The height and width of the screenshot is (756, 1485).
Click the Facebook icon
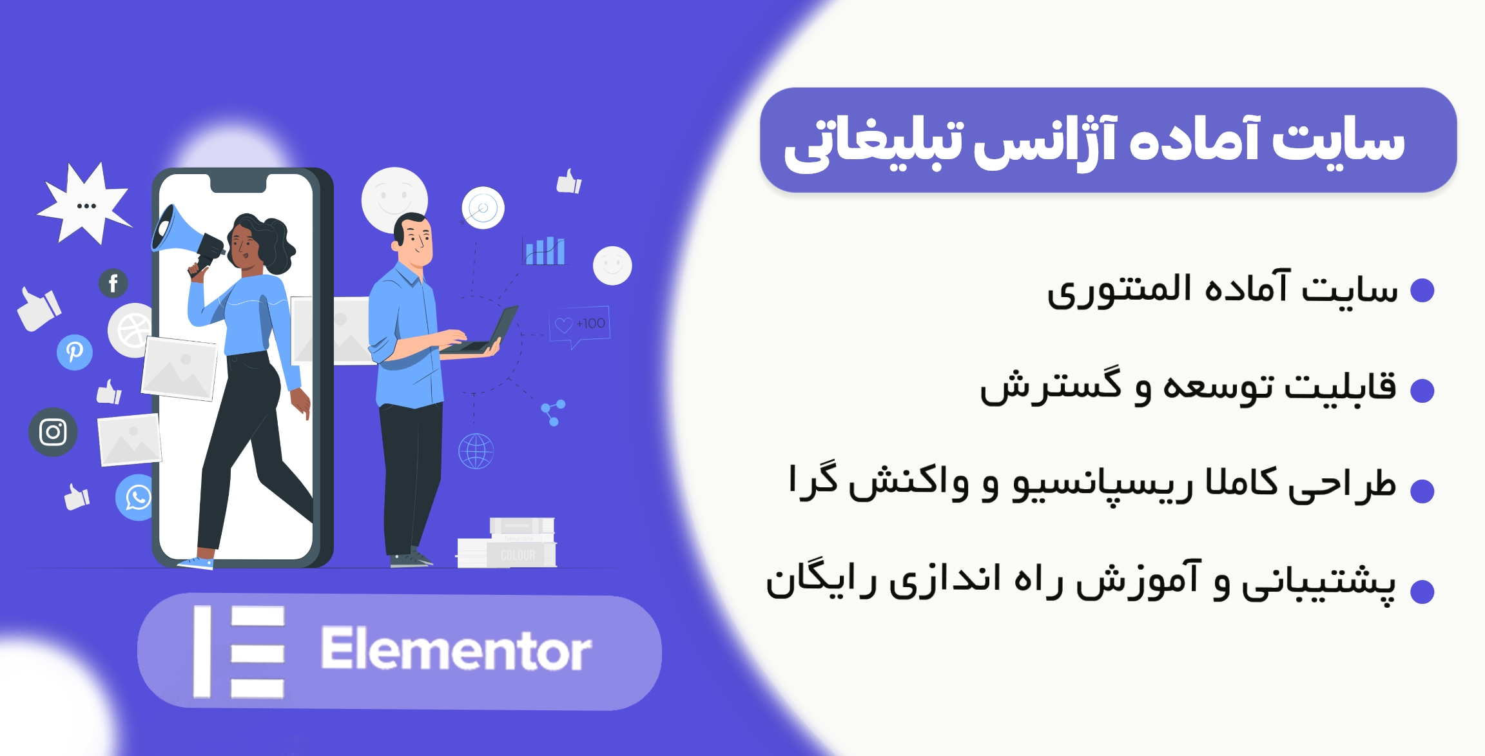click(113, 283)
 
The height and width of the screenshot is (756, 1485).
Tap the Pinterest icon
click(75, 352)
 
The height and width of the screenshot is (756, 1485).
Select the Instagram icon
click(53, 432)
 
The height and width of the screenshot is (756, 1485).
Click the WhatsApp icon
click(137, 498)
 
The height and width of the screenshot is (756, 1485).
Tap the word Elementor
click(456, 650)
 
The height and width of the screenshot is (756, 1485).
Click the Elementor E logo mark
click(239, 652)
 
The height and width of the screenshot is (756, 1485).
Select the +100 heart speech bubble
click(580, 324)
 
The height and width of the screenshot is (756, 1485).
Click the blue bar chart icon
click(545, 251)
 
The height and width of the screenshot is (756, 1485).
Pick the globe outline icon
click(476, 451)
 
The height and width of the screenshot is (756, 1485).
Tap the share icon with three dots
click(553, 412)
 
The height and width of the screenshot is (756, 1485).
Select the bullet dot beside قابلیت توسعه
click(1422, 391)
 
